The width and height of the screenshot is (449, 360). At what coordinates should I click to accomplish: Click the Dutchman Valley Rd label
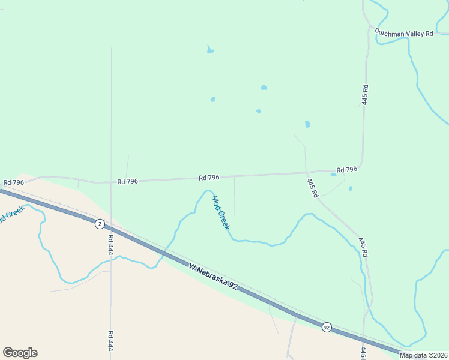403,34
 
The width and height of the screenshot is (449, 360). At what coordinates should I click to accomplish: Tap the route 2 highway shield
100,224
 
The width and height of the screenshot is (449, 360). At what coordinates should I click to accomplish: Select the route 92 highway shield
326,327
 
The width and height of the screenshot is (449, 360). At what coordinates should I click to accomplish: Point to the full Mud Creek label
220,212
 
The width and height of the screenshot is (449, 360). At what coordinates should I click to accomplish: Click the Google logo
20,353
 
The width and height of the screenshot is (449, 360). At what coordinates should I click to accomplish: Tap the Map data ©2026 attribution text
423,355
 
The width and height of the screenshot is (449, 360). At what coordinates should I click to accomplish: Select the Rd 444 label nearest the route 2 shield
111,246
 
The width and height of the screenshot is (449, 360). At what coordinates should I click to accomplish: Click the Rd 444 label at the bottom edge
111,341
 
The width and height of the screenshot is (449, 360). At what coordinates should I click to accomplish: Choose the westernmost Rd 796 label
13,182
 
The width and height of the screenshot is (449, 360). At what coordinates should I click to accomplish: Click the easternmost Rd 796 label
346,170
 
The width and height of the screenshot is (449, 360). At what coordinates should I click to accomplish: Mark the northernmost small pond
210,50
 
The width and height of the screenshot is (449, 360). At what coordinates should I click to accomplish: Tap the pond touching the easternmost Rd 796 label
333,175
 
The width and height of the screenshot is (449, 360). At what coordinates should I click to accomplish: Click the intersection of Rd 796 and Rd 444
111,182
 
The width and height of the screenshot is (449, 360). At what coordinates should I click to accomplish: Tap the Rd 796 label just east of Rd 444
128,181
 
